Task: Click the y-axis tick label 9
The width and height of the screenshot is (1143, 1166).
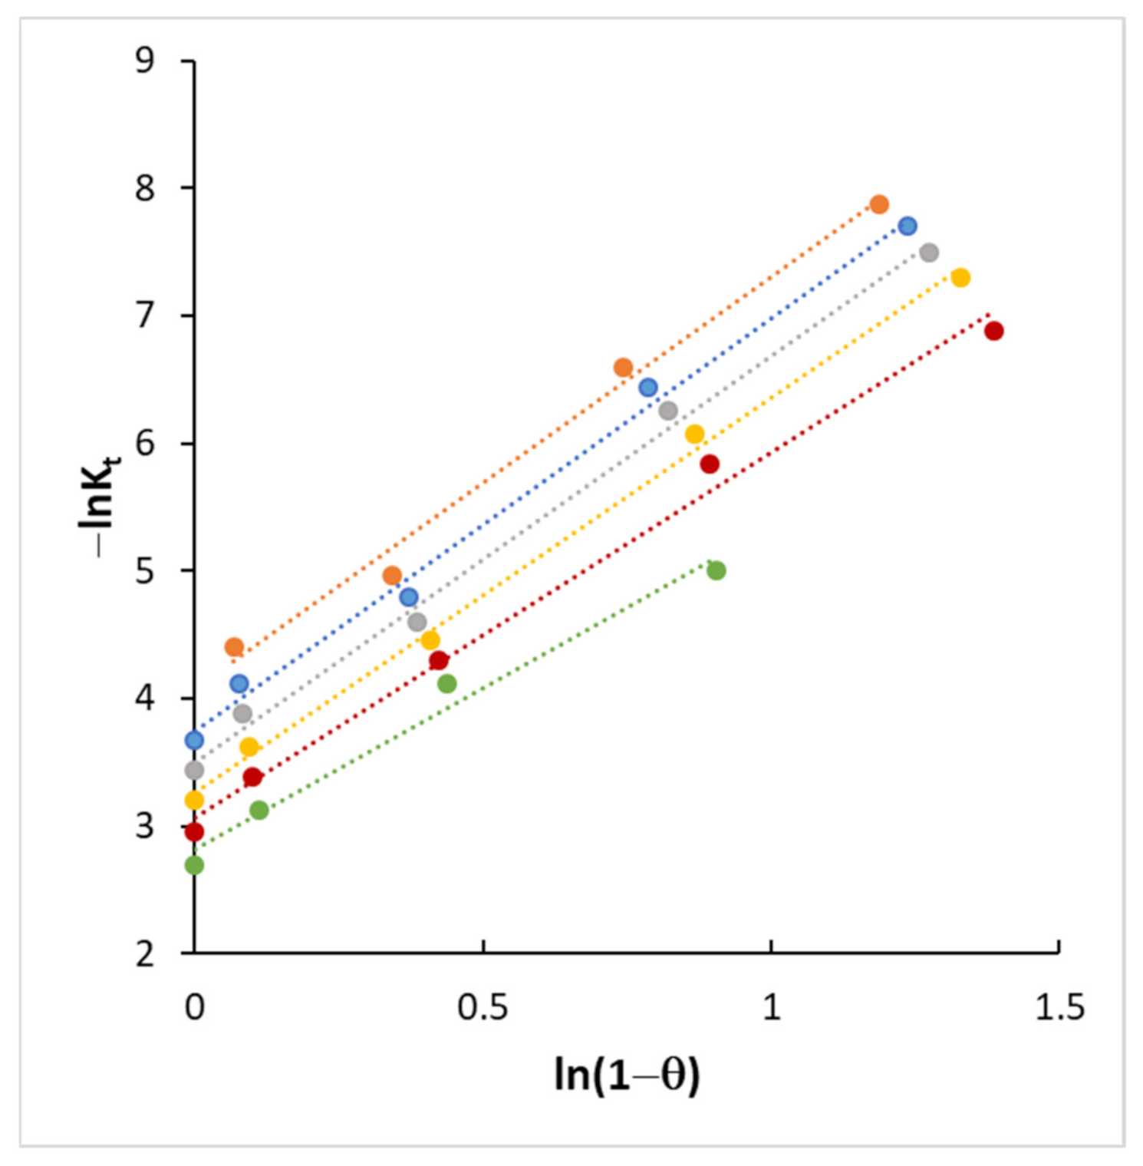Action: pos(145,60)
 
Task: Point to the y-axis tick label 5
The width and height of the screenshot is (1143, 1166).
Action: pos(145,571)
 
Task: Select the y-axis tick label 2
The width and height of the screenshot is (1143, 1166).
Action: pos(145,954)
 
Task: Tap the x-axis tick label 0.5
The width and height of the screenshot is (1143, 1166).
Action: pos(483,1007)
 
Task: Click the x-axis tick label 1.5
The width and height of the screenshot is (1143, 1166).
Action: pos(1059,1007)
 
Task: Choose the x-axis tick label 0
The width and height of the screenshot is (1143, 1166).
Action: pos(195,1007)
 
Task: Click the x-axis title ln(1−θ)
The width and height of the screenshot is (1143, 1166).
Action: pos(627,1075)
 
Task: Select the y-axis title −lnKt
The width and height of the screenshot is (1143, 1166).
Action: pos(99,505)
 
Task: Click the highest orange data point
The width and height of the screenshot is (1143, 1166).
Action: pos(879,204)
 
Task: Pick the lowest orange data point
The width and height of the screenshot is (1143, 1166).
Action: pos(234,647)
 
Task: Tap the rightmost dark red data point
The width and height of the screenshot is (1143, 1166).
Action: pos(993,331)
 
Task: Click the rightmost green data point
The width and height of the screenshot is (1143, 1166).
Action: pos(716,570)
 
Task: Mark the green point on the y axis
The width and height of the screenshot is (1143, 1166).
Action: pos(194,865)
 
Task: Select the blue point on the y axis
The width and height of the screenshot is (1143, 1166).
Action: pos(194,740)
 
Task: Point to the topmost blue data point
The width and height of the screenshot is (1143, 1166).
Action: pos(907,226)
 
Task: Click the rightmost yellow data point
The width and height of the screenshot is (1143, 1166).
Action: pos(960,277)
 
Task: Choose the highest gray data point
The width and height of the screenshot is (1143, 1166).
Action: pos(929,253)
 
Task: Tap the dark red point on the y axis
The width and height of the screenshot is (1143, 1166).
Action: pos(194,831)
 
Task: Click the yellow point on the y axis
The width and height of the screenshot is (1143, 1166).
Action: pos(194,801)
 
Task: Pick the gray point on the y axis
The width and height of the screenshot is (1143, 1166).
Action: pos(194,770)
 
